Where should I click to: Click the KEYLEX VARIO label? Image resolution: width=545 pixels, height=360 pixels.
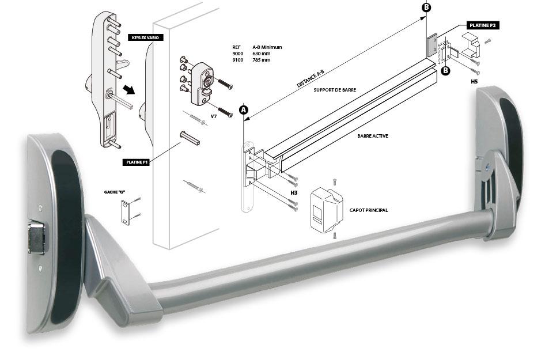coord(145,37)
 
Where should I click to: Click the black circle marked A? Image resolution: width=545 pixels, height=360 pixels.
coord(243,109)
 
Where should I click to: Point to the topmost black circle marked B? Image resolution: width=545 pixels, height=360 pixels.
coord(426,7)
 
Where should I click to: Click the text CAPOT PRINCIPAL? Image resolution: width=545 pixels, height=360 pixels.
coord(369,211)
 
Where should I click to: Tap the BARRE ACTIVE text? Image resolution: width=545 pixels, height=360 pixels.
coord(372,136)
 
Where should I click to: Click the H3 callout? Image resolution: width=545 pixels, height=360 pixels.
coord(294,192)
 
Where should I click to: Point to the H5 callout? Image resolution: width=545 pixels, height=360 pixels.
coord(474,82)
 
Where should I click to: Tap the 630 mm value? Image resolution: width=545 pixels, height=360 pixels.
coord(262,54)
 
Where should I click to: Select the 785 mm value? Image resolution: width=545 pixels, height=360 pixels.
coord(262,60)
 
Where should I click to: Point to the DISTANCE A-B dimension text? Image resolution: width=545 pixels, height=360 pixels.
coord(315,77)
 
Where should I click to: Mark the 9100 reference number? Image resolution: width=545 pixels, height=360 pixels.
coord(237,60)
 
